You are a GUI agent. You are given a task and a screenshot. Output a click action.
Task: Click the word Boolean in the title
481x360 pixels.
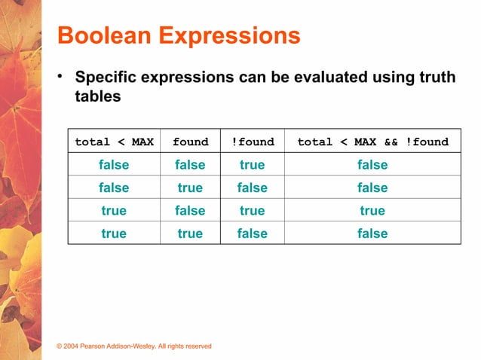(x=103, y=36)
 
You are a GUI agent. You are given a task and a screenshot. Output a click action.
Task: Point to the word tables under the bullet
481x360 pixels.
(x=98, y=98)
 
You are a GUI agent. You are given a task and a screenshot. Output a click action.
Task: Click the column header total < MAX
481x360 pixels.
(x=114, y=142)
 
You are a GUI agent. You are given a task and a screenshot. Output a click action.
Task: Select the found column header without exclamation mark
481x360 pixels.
(x=190, y=142)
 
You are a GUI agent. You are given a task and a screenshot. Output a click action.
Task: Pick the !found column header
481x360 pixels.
(x=252, y=142)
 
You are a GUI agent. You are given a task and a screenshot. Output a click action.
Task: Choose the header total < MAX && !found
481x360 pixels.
(x=372, y=142)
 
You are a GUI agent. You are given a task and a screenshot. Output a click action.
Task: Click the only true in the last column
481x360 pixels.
(x=372, y=210)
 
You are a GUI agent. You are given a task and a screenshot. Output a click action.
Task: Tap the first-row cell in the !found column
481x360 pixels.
(x=252, y=165)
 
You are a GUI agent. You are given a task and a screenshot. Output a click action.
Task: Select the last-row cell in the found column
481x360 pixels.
(x=190, y=233)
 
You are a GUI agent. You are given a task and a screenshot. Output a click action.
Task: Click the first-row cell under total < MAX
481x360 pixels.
(x=114, y=165)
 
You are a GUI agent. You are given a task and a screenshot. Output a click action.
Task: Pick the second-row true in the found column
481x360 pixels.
(x=190, y=188)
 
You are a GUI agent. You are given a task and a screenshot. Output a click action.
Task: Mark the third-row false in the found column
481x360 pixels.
(x=190, y=210)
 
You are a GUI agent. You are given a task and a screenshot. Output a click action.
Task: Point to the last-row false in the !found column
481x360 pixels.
(x=252, y=233)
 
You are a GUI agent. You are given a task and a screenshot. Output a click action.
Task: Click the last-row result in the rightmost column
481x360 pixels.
(x=372, y=233)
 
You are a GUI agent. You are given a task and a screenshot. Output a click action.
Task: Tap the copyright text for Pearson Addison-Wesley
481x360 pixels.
(x=135, y=346)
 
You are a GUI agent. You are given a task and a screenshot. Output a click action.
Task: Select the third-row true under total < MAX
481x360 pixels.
(x=114, y=210)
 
